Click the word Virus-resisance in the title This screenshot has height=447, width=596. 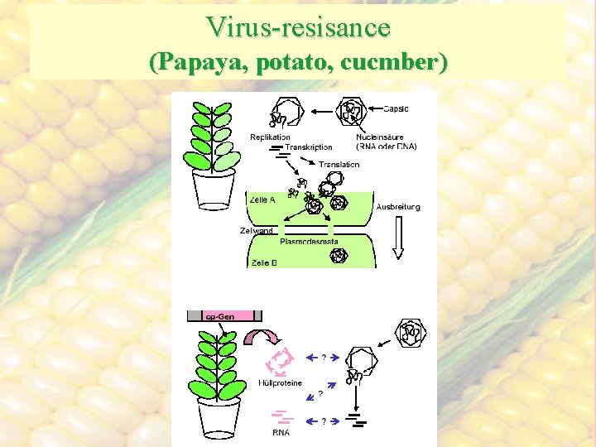(x=298, y=26)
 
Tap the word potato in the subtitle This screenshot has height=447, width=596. (x=290, y=62)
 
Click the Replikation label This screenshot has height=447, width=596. (x=270, y=137)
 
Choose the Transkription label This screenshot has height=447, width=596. (x=309, y=147)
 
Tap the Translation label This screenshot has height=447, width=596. (x=339, y=165)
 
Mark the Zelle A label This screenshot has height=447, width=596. (x=262, y=199)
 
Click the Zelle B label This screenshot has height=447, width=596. (x=262, y=262)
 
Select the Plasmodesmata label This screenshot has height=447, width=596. (x=305, y=242)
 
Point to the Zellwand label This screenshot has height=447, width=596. (x=256, y=230)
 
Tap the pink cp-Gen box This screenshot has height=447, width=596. (x=223, y=315)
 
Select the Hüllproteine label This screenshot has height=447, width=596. (x=281, y=383)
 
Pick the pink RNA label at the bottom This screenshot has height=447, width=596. (x=281, y=432)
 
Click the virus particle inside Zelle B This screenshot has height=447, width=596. (x=339, y=255)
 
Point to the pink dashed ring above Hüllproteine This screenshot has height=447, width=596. (x=282, y=360)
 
